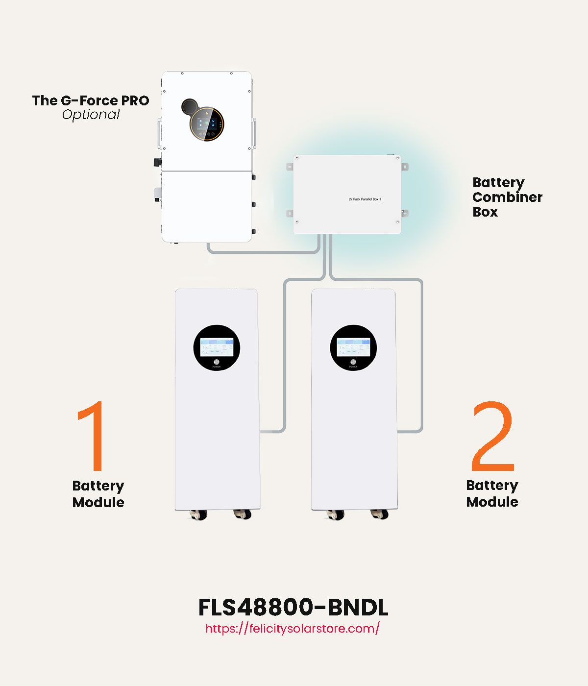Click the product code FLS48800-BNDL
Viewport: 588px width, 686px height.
293,608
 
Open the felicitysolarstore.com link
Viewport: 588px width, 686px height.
293,629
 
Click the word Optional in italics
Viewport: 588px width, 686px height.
91,115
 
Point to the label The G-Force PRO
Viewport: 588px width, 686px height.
91,100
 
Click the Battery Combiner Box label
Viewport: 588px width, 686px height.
507,197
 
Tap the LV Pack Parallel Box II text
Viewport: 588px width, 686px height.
365,199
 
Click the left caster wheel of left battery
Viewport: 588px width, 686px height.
198,514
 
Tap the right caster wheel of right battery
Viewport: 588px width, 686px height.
379,514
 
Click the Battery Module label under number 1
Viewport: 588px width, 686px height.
98,494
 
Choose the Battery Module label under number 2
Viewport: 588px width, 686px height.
492,493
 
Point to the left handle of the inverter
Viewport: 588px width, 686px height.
159,133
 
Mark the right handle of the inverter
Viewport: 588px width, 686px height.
254,133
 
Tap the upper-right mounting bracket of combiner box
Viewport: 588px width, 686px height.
405,167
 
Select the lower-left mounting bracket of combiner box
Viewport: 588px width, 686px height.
290,213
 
